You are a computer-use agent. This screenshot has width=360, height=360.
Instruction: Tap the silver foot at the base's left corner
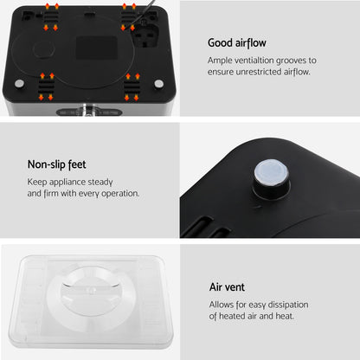(19, 83)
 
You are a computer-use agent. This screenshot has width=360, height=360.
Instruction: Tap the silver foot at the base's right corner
(158, 83)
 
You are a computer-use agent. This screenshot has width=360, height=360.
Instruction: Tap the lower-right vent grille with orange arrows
(132, 85)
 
